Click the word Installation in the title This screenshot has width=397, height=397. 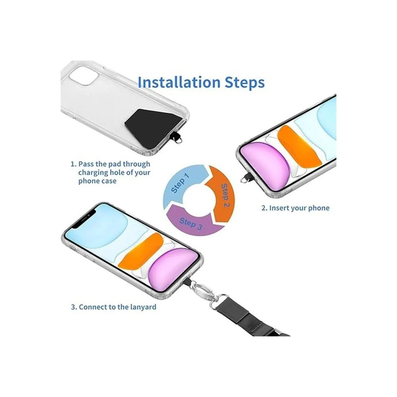point(179,82)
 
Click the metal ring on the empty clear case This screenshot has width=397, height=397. point(179,141)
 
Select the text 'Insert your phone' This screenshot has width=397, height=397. point(299,208)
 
